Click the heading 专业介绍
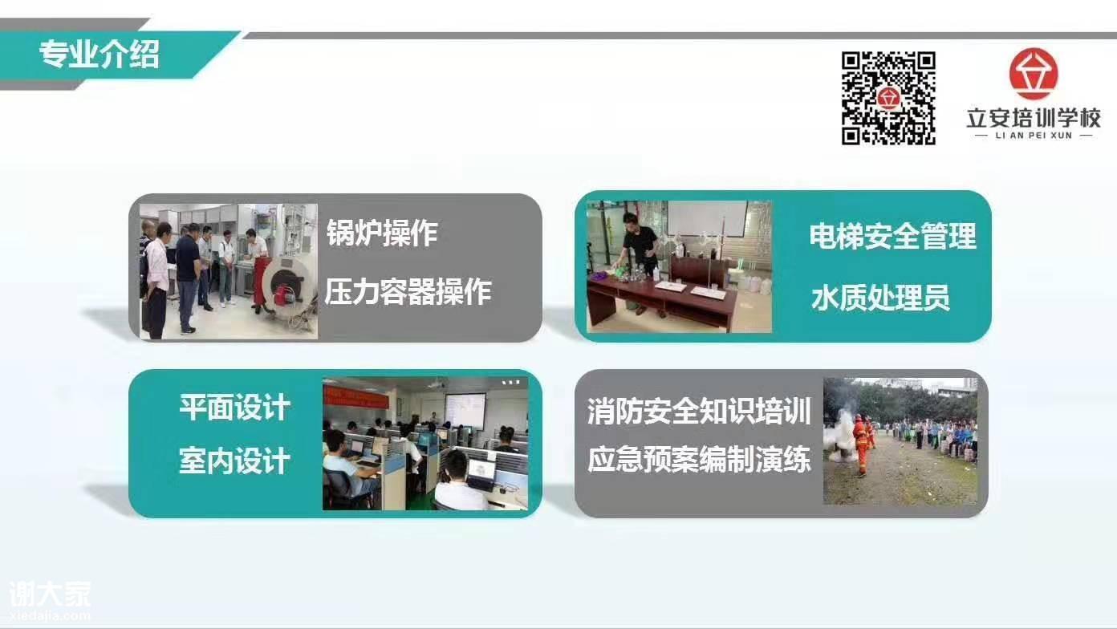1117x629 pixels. click(x=100, y=55)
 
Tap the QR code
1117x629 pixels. click(x=888, y=98)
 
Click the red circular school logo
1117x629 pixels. click(x=1034, y=74)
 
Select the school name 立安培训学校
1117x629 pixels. click(x=1034, y=118)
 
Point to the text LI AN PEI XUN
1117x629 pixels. click(x=1034, y=136)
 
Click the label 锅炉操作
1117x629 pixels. click(x=382, y=233)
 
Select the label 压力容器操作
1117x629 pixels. click(x=408, y=291)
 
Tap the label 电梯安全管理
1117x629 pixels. click(x=892, y=236)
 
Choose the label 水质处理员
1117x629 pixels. click(x=880, y=298)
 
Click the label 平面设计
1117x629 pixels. click(x=234, y=408)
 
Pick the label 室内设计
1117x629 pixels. click(x=234, y=461)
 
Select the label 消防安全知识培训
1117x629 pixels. click(x=699, y=412)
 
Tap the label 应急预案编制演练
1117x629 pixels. click(x=699, y=459)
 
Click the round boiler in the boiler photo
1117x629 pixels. click(x=289, y=283)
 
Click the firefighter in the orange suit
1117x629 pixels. click(x=861, y=444)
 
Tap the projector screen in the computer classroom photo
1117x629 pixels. click(x=465, y=412)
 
